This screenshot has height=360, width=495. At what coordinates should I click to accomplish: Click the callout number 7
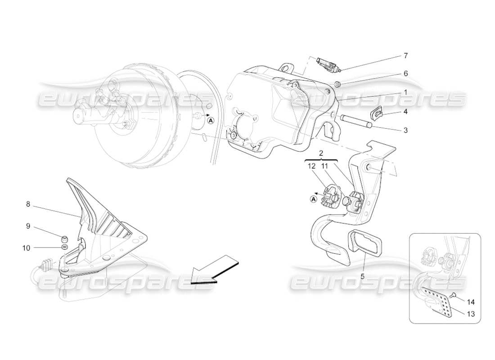point(405,56)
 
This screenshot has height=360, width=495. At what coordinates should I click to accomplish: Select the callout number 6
point(405,73)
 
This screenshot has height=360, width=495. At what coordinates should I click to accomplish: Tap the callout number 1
point(405,92)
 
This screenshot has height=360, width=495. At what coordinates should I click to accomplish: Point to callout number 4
point(405,111)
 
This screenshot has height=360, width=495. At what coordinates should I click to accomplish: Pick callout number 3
point(405,130)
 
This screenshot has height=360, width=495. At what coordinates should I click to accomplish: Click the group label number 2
point(321,153)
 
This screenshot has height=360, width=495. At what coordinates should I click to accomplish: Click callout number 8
point(28,204)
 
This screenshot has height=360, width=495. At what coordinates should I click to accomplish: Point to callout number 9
point(28,226)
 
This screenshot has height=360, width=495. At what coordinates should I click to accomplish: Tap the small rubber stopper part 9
point(65,238)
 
